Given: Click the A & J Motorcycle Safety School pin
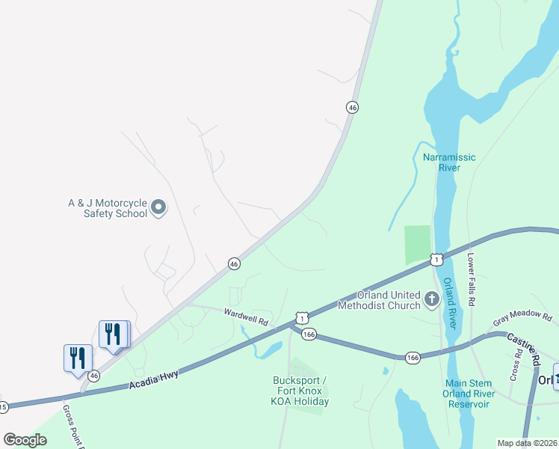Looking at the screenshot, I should coord(158,207).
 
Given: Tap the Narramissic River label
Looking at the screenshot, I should coord(450,162).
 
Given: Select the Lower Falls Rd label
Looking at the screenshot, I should coord(472,278).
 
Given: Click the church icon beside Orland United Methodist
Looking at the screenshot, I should coord(431,299).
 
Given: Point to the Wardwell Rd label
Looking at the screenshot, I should coord(246,316).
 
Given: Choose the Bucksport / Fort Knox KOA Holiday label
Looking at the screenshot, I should coord(300,391).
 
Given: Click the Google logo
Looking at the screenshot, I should coord(25,440).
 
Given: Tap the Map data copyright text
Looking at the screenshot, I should coord(528,443).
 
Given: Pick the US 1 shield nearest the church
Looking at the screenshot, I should coord(437,260).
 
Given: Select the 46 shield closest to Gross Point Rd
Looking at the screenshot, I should coord(94,376).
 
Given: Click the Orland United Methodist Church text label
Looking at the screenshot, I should coord(380,299).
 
